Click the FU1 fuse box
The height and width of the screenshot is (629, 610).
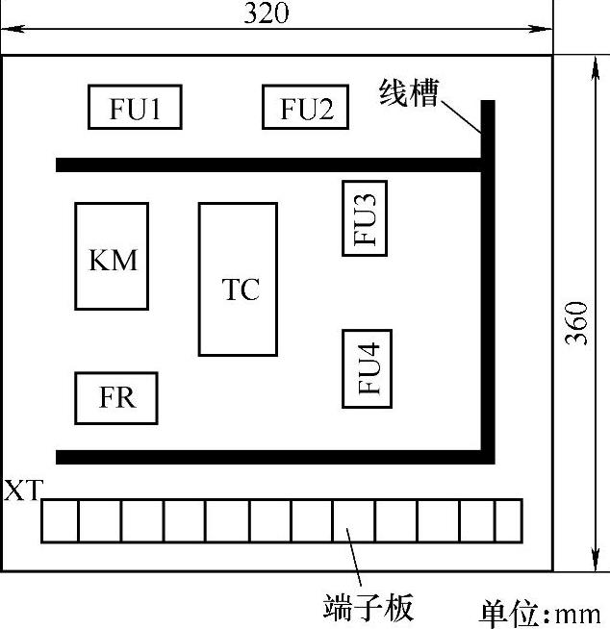135,107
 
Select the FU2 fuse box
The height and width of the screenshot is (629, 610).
305,107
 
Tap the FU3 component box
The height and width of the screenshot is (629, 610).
366,217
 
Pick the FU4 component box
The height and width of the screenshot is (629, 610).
367,368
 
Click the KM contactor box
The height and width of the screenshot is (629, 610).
112,256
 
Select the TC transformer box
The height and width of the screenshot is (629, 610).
238,279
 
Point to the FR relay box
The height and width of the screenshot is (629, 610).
115,397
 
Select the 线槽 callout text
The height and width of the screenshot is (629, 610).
409,92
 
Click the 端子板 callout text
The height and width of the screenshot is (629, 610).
369,608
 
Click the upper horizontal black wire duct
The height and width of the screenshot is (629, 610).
269,164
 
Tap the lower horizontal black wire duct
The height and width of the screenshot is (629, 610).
269,455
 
